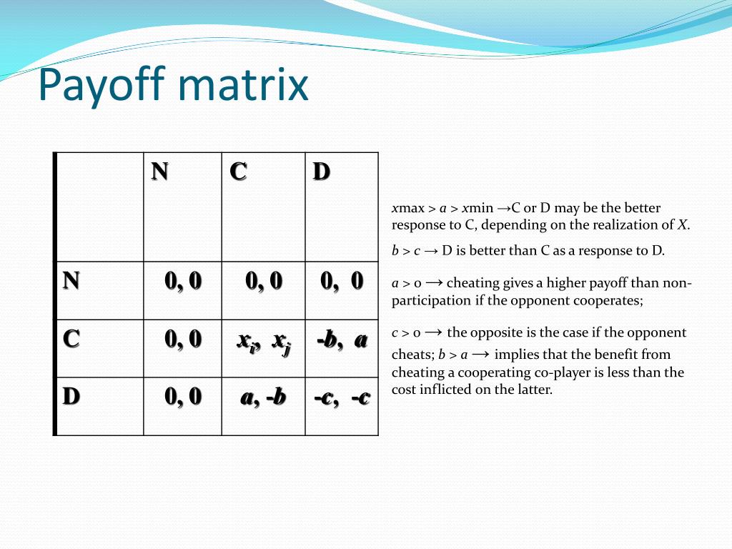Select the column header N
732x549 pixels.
159,172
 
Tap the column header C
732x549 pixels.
238,172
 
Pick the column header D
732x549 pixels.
321,172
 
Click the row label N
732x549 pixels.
71,280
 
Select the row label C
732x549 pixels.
71,338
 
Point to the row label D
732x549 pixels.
71,396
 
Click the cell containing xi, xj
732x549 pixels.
263,341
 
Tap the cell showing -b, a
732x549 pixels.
342,340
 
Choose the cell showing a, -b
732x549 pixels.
263,397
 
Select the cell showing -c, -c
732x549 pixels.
342,397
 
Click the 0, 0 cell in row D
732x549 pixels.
183,396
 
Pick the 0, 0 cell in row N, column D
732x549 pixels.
342,281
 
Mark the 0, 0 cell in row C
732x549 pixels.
183,338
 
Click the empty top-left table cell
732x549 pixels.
99,207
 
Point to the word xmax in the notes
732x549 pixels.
408,208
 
